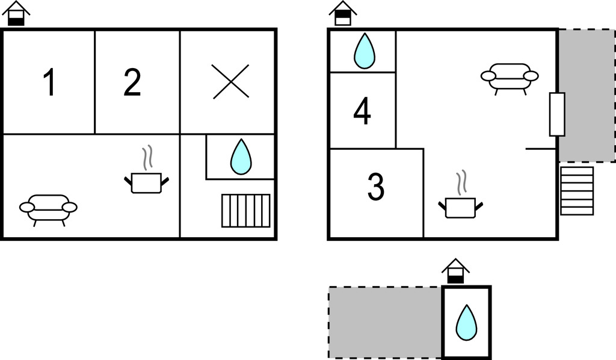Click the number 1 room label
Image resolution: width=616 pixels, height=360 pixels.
tap(49, 82)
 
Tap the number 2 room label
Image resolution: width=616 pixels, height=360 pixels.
tap(132, 82)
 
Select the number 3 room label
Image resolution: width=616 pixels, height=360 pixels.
tap(376, 187)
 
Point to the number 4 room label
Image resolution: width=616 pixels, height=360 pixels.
tap(362, 111)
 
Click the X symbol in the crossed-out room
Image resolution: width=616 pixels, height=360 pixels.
tap(230, 81)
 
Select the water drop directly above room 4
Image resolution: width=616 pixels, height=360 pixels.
tap(365, 51)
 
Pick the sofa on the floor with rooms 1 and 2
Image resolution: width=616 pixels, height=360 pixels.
tap(48, 209)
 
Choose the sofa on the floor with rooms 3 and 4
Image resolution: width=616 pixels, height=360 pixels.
tap(510, 78)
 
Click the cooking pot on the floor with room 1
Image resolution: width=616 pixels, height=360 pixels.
tap(147, 178)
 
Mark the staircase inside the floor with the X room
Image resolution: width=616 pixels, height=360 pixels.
tap(246, 211)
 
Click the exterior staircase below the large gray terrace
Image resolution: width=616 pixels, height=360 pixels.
tap(577, 191)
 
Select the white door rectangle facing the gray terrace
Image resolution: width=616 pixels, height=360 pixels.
tap(557, 114)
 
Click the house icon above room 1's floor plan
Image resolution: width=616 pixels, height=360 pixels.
tap(16, 13)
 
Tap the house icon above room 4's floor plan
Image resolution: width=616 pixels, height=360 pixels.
tap(343, 13)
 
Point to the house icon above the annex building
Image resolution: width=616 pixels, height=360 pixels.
tap(456, 271)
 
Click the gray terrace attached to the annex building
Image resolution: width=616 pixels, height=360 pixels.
tap(385, 322)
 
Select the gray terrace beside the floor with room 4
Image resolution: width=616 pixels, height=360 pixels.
tap(587, 96)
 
